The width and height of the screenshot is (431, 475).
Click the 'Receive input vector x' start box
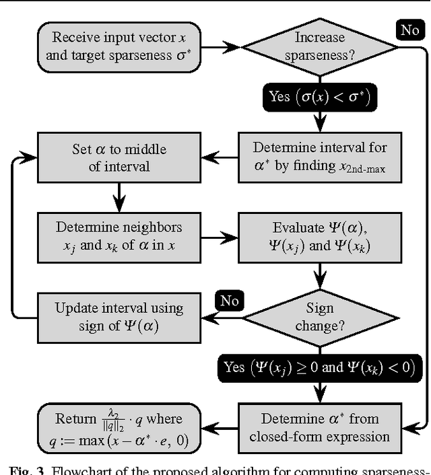tap(119, 46)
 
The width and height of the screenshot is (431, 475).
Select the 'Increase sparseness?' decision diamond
tap(320, 46)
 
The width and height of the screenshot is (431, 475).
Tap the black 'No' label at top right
tap(410, 30)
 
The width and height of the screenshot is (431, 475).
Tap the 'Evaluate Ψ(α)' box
tap(320, 236)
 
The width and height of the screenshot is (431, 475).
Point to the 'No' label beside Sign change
tap(230, 300)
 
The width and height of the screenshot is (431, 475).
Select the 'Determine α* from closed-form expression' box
tap(320, 427)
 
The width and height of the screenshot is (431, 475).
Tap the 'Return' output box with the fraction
tap(119, 427)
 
